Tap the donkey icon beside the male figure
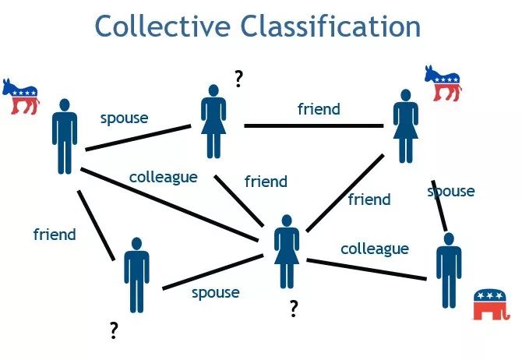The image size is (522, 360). [x=20, y=96]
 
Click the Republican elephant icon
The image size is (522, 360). [x=490, y=304]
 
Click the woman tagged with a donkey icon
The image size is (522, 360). [x=404, y=125]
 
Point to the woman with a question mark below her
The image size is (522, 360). [x=287, y=250]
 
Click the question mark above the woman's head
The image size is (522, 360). [x=238, y=78]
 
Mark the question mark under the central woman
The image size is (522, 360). [x=293, y=309]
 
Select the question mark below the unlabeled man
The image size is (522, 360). [x=114, y=332]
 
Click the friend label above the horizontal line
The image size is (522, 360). [x=319, y=109]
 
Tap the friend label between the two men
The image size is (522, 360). [x=55, y=234]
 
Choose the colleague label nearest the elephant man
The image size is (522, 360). [x=374, y=249]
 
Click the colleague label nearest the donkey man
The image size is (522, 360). [x=163, y=177]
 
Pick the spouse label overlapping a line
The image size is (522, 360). [x=451, y=191]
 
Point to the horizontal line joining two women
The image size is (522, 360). [x=312, y=125]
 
